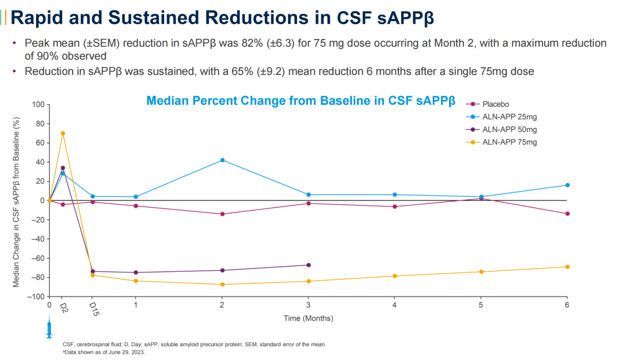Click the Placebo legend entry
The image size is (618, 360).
[496, 104]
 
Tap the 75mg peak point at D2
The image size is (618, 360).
[63, 133]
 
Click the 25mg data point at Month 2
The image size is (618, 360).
[222, 160]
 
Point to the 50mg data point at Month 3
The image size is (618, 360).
[308, 265]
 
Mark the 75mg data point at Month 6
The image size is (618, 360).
[567, 267]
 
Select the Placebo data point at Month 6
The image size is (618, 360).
[567, 214]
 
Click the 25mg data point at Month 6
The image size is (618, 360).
[567, 185]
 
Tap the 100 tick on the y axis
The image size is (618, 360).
[38, 105]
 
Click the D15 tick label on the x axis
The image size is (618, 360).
[93, 309]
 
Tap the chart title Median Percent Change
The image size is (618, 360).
[300, 101]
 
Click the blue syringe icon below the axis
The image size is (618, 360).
[49, 330]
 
